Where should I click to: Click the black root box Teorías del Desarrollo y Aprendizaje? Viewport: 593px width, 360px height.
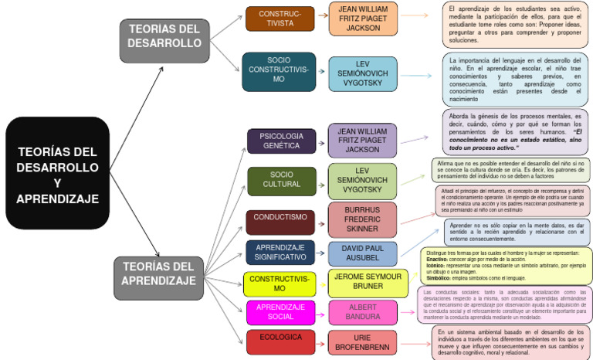(57, 173)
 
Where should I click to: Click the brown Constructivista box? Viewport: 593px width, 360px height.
(280, 19)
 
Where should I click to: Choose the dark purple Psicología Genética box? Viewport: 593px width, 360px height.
(281, 141)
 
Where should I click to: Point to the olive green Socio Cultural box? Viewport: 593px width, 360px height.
(281, 179)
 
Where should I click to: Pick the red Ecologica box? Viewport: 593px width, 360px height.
(280, 341)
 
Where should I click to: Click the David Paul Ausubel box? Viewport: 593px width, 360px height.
(362, 253)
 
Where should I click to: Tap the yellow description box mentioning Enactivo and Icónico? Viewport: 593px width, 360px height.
(507, 266)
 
